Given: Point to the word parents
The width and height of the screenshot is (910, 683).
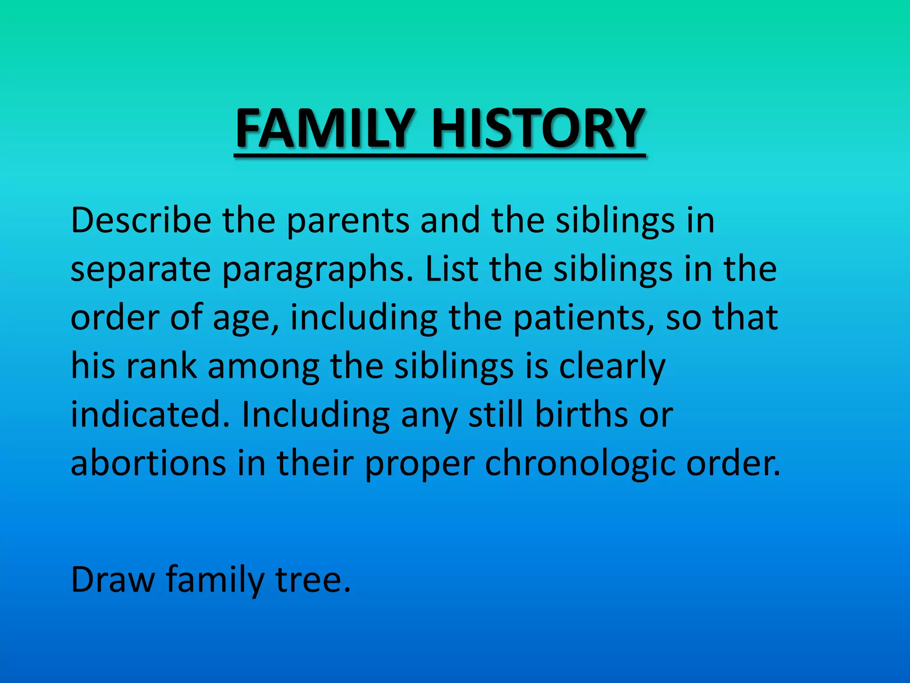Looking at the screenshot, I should (348, 221).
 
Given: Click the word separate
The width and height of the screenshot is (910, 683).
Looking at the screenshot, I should (141, 269).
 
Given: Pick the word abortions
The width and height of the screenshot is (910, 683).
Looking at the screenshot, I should (148, 463).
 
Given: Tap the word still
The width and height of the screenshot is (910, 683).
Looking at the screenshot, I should (496, 414).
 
